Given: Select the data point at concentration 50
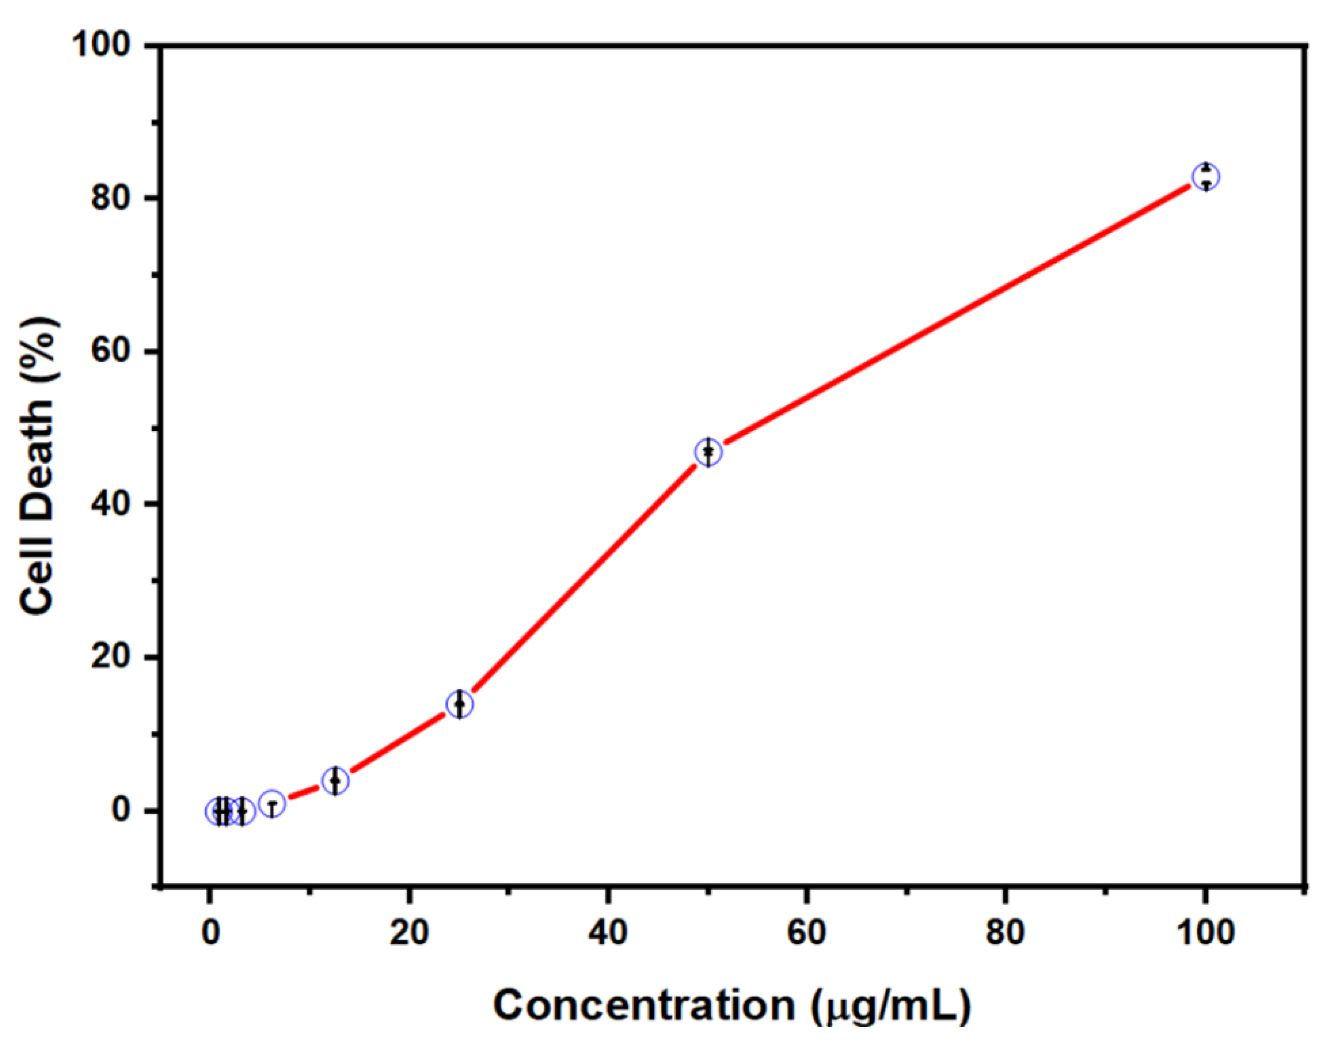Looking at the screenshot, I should [x=708, y=452].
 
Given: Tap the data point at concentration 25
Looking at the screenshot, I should [x=460, y=704].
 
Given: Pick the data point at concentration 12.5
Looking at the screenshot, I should [x=335, y=780].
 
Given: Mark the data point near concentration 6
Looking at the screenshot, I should [x=272, y=805].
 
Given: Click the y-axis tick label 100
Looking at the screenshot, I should [x=103, y=46].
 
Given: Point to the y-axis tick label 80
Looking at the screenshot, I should [x=111, y=198].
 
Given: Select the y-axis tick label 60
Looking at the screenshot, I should [x=111, y=352].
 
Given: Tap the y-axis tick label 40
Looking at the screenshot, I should [x=111, y=505].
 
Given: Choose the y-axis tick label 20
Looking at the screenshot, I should [x=111, y=658].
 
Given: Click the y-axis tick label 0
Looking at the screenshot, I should [x=121, y=811].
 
